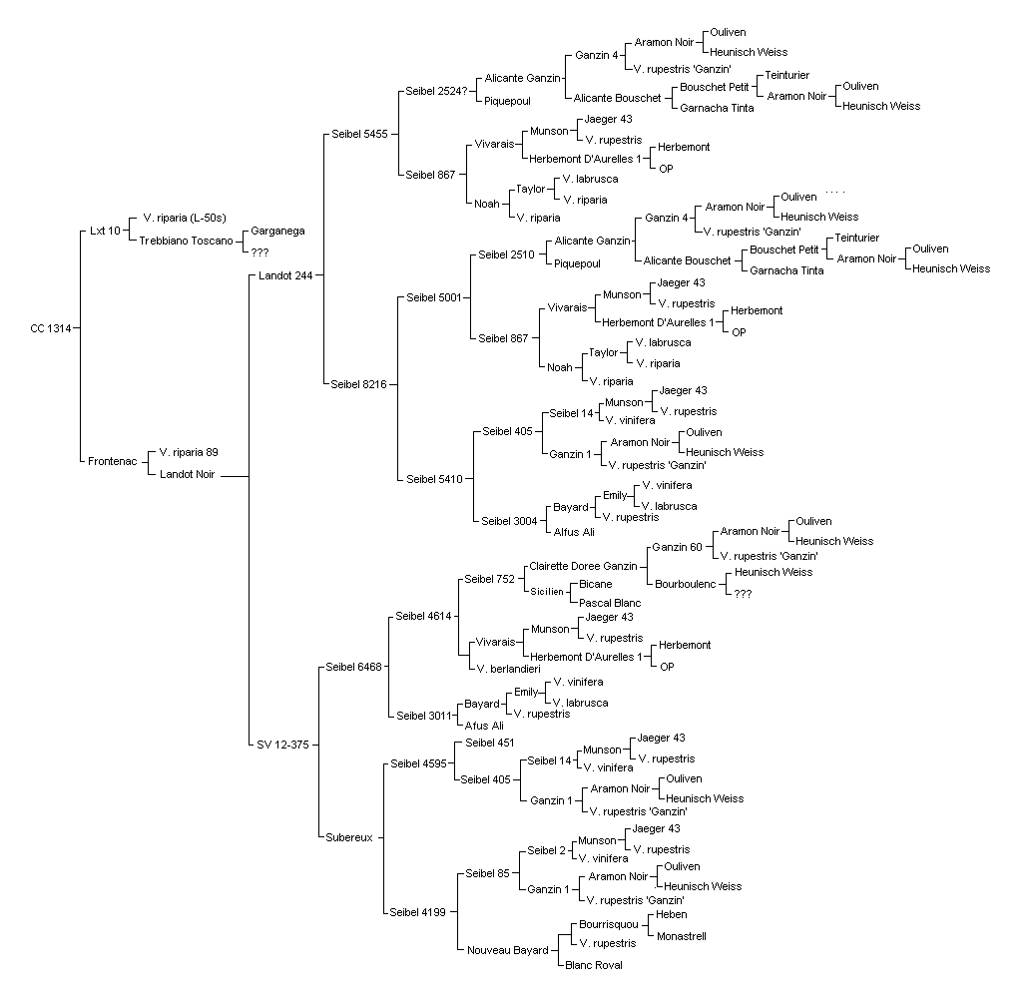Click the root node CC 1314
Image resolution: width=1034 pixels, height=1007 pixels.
[51, 328]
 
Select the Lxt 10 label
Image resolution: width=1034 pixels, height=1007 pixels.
[106, 231]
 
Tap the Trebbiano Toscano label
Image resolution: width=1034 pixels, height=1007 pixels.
[186, 241]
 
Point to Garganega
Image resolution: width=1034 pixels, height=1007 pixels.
[277, 232]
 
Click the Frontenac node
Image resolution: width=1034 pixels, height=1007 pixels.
[113, 462]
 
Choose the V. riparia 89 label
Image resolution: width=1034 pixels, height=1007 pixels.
[189, 452]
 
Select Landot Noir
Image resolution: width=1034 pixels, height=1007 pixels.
[188, 474]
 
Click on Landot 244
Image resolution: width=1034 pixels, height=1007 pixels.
[285, 275]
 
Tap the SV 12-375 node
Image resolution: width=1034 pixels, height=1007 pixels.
[282, 746]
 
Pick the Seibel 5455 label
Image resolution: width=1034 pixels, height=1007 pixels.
[360, 134]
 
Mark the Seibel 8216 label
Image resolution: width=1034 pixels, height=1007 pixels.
[358, 384]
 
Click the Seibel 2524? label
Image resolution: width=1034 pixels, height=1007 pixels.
[436, 91]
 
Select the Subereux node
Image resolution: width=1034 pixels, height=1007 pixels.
[349, 837]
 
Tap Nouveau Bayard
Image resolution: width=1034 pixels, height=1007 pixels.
[508, 950]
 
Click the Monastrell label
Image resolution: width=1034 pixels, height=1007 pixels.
[682, 936]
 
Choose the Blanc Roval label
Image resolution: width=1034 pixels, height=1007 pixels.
[594, 965]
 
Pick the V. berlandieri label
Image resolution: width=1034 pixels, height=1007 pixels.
[508, 669]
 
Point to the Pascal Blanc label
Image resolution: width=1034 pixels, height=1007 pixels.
[610, 603]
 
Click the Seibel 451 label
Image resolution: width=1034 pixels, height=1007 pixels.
[490, 743]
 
